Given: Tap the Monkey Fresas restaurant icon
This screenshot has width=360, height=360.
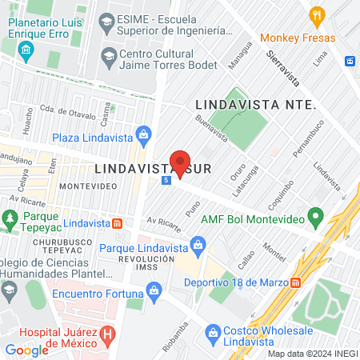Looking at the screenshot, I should (318, 14).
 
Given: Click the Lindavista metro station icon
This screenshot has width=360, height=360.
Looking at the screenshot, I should (117, 223).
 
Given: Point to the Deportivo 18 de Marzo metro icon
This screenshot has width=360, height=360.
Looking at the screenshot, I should (296, 282).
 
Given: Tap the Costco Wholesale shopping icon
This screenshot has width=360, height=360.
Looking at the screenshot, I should (213, 330).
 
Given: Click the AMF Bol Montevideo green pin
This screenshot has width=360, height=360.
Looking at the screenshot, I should (315, 217).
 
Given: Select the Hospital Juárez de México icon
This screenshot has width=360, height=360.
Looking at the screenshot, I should (107, 335).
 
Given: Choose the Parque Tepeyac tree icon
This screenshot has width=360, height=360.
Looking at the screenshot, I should (10, 218).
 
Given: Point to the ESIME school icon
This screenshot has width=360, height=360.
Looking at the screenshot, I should (106, 18).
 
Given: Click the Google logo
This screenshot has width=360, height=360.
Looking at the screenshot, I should (27, 350).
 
